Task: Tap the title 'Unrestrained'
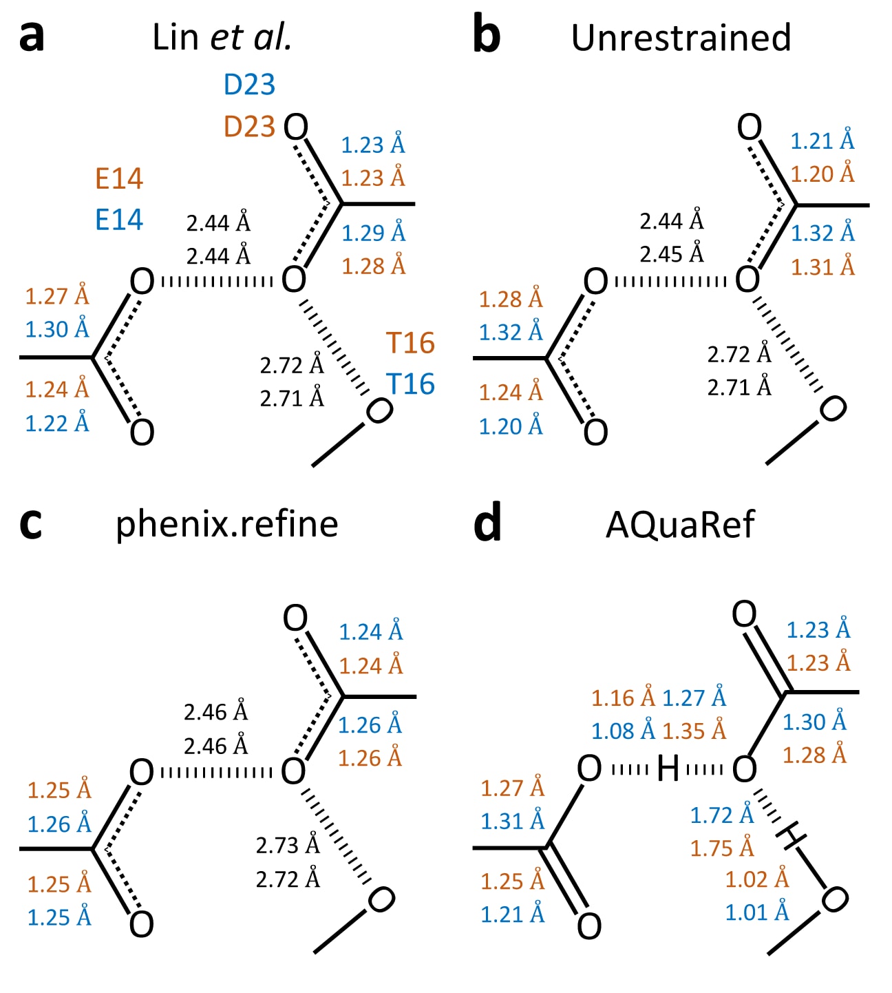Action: (681, 38)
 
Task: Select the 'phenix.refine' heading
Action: (226, 525)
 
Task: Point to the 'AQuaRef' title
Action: (680, 525)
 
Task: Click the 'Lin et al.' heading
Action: (222, 38)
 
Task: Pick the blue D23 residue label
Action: (249, 85)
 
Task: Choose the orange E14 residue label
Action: (119, 179)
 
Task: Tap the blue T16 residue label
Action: (410, 384)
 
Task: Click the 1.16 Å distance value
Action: (623, 698)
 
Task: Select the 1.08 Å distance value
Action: (623, 731)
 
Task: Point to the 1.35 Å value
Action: (694, 731)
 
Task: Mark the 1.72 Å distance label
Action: (722, 815)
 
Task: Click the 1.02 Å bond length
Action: (757, 879)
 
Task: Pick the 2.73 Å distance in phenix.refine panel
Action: (288, 845)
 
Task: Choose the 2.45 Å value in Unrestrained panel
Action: (672, 254)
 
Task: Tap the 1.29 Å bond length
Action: (374, 233)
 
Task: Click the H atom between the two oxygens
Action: (668, 769)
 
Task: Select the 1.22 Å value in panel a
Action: (57, 423)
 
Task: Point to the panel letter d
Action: (487, 525)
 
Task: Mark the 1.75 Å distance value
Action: (722, 848)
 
